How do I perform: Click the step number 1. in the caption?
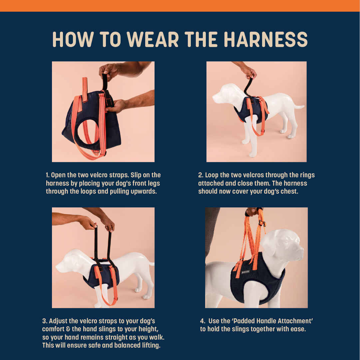pos(48,175)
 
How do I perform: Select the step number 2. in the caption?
pos(200,175)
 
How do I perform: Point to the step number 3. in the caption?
pos(45,321)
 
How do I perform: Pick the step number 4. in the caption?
pos(202,321)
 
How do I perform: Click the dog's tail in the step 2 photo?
pos(299,107)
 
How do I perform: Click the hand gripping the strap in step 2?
pos(249,72)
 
